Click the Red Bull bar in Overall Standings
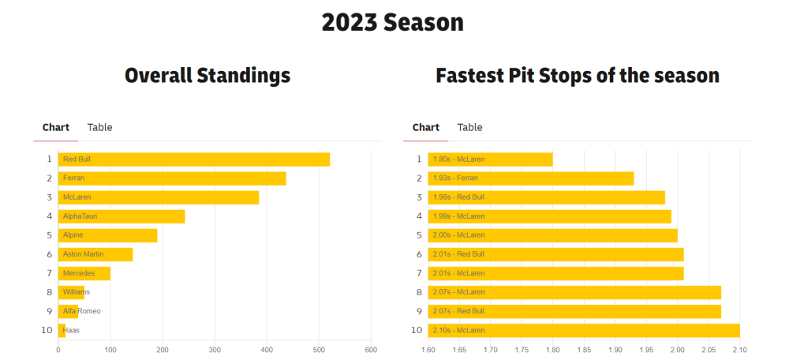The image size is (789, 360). (x=193, y=159)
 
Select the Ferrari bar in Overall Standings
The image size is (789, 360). (x=172, y=178)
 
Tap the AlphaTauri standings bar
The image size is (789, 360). (x=122, y=216)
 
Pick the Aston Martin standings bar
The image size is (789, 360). (x=95, y=254)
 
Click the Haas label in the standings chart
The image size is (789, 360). (x=71, y=330)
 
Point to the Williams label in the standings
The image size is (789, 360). (x=77, y=292)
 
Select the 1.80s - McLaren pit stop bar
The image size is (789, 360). (x=490, y=159)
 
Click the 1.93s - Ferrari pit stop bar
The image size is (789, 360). (x=531, y=178)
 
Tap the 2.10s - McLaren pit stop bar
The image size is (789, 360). (x=584, y=330)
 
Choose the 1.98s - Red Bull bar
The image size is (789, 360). (x=547, y=197)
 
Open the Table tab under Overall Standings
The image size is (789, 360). (x=99, y=127)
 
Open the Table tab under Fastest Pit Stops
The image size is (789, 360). (x=469, y=127)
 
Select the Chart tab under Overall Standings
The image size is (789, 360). (x=56, y=127)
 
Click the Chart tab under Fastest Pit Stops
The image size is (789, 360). (x=426, y=127)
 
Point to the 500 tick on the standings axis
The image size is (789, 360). (x=319, y=349)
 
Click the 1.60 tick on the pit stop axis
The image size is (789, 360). (x=428, y=349)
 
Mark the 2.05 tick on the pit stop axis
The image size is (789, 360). (x=709, y=349)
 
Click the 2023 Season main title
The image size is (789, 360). (x=392, y=23)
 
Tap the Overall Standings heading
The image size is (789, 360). (x=208, y=76)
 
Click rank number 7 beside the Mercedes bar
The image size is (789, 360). (x=49, y=273)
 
